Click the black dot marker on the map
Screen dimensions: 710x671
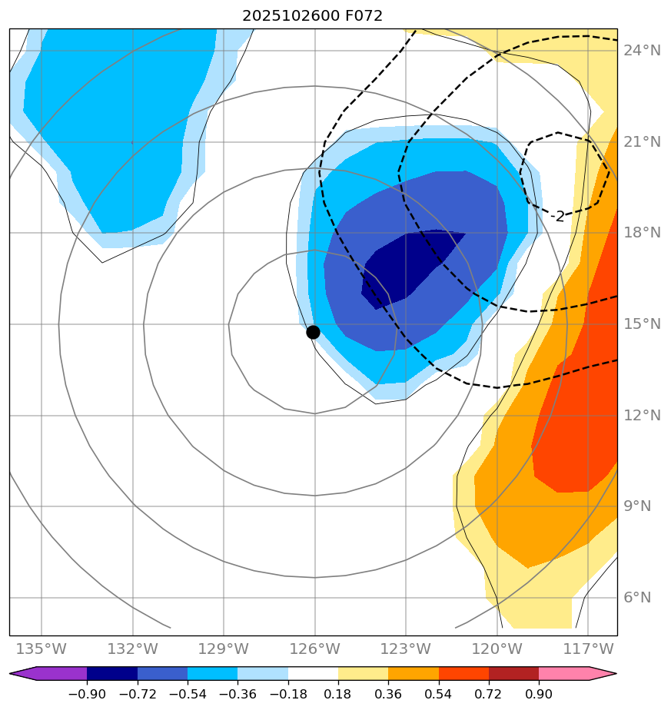coord(313,332)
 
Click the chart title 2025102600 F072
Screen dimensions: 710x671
coord(312,16)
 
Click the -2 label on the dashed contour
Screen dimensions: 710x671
coord(558,217)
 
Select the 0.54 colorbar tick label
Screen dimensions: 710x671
coord(438,694)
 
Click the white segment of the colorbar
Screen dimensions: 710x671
coord(313,674)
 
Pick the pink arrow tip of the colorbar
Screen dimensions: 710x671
coord(604,674)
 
